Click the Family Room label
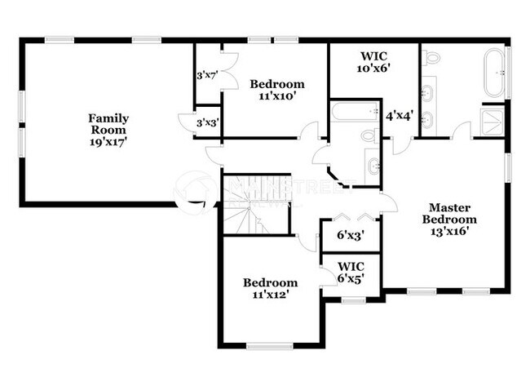(x=108, y=129)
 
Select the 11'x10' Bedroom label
(x=277, y=90)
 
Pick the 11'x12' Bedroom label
(x=270, y=289)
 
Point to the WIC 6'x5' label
(x=351, y=272)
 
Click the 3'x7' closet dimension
(x=207, y=76)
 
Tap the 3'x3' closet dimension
(x=207, y=122)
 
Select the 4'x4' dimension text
(x=400, y=116)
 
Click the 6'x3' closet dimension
(x=351, y=235)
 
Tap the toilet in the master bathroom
(x=432, y=58)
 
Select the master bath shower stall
(x=492, y=121)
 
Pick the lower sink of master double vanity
(x=429, y=121)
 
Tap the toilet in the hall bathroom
(x=369, y=136)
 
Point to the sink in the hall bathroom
(x=373, y=166)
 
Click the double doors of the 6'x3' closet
(x=351, y=217)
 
